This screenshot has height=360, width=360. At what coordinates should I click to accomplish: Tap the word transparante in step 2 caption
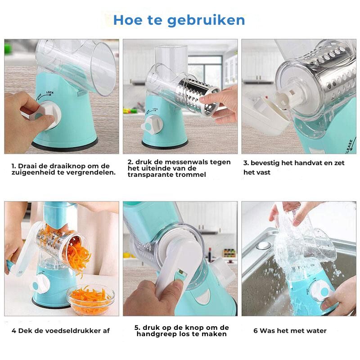pyautogui.click(x=151, y=175)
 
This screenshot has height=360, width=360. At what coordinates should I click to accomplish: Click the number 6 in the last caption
pyautogui.click(x=255, y=331)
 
